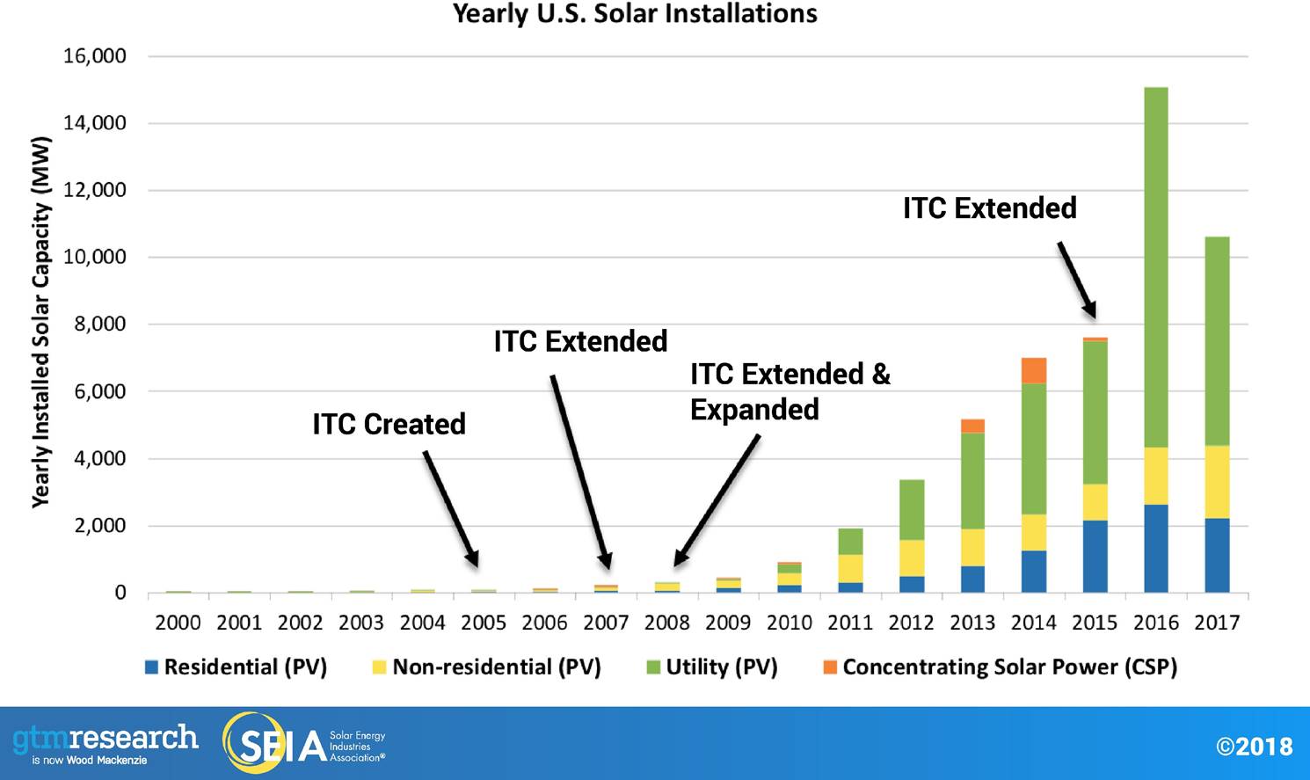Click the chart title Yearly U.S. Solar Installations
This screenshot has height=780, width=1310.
point(635,14)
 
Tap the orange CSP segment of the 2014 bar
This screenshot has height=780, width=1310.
point(1033,370)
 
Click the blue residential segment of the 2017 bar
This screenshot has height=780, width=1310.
point(1217,555)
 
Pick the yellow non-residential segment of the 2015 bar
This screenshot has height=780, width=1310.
point(1095,501)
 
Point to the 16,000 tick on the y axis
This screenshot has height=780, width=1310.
point(95,56)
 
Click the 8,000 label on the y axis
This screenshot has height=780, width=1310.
point(100,324)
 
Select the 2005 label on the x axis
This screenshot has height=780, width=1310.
point(484,623)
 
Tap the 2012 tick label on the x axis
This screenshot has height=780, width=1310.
point(911,623)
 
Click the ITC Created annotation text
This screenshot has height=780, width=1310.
point(389,424)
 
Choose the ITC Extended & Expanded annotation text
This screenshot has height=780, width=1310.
point(789,391)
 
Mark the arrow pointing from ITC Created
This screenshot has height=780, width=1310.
point(451,508)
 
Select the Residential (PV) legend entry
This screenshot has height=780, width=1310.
point(236,667)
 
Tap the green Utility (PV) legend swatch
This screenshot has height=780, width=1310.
point(653,667)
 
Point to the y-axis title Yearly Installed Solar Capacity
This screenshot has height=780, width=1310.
point(40,322)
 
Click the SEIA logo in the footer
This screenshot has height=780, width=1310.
point(303,744)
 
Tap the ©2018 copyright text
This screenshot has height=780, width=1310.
point(1254,747)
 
